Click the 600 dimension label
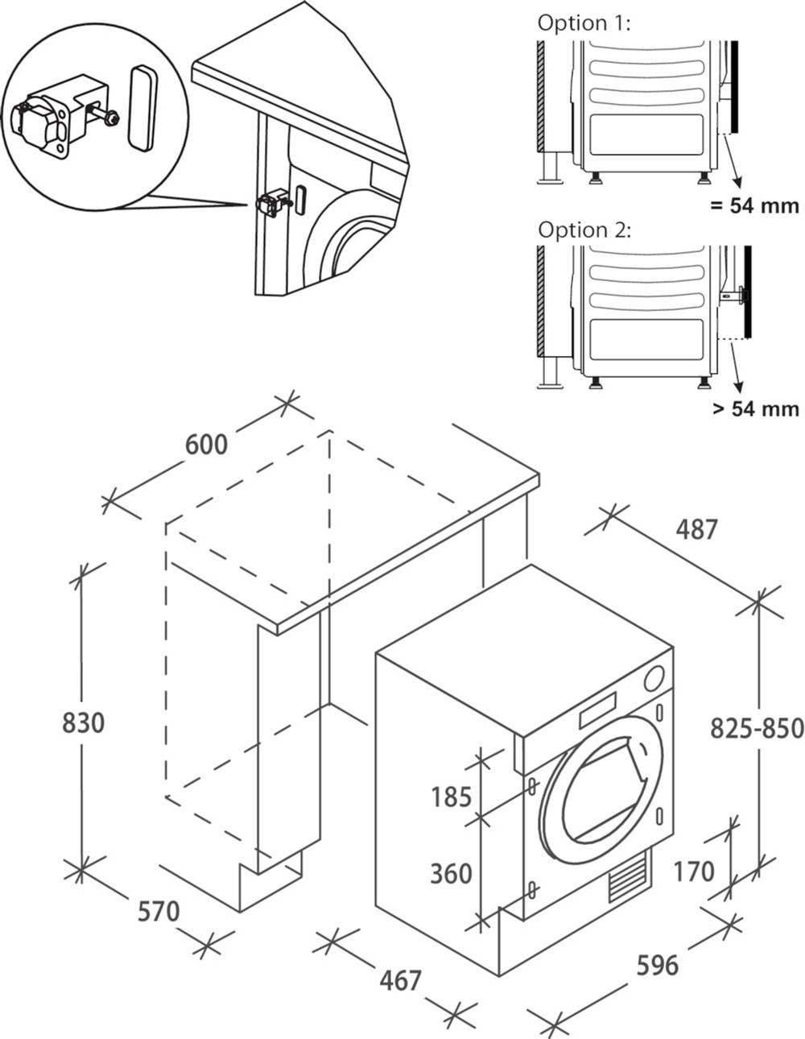(x=206, y=444)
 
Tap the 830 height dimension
(x=84, y=722)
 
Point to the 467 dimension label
(x=400, y=979)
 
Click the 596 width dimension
(x=657, y=964)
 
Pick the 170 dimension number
(x=694, y=871)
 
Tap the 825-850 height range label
(x=757, y=728)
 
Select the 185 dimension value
(x=451, y=797)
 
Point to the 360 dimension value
(x=451, y=873)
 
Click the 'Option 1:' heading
(x=584, y=23)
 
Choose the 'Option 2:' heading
(x=584, y=230)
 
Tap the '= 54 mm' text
(x=754, y=205)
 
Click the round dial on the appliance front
(x=654, y=679)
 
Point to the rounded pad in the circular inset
(x=142, y=107)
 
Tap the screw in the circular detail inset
(x=111, y=120)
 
